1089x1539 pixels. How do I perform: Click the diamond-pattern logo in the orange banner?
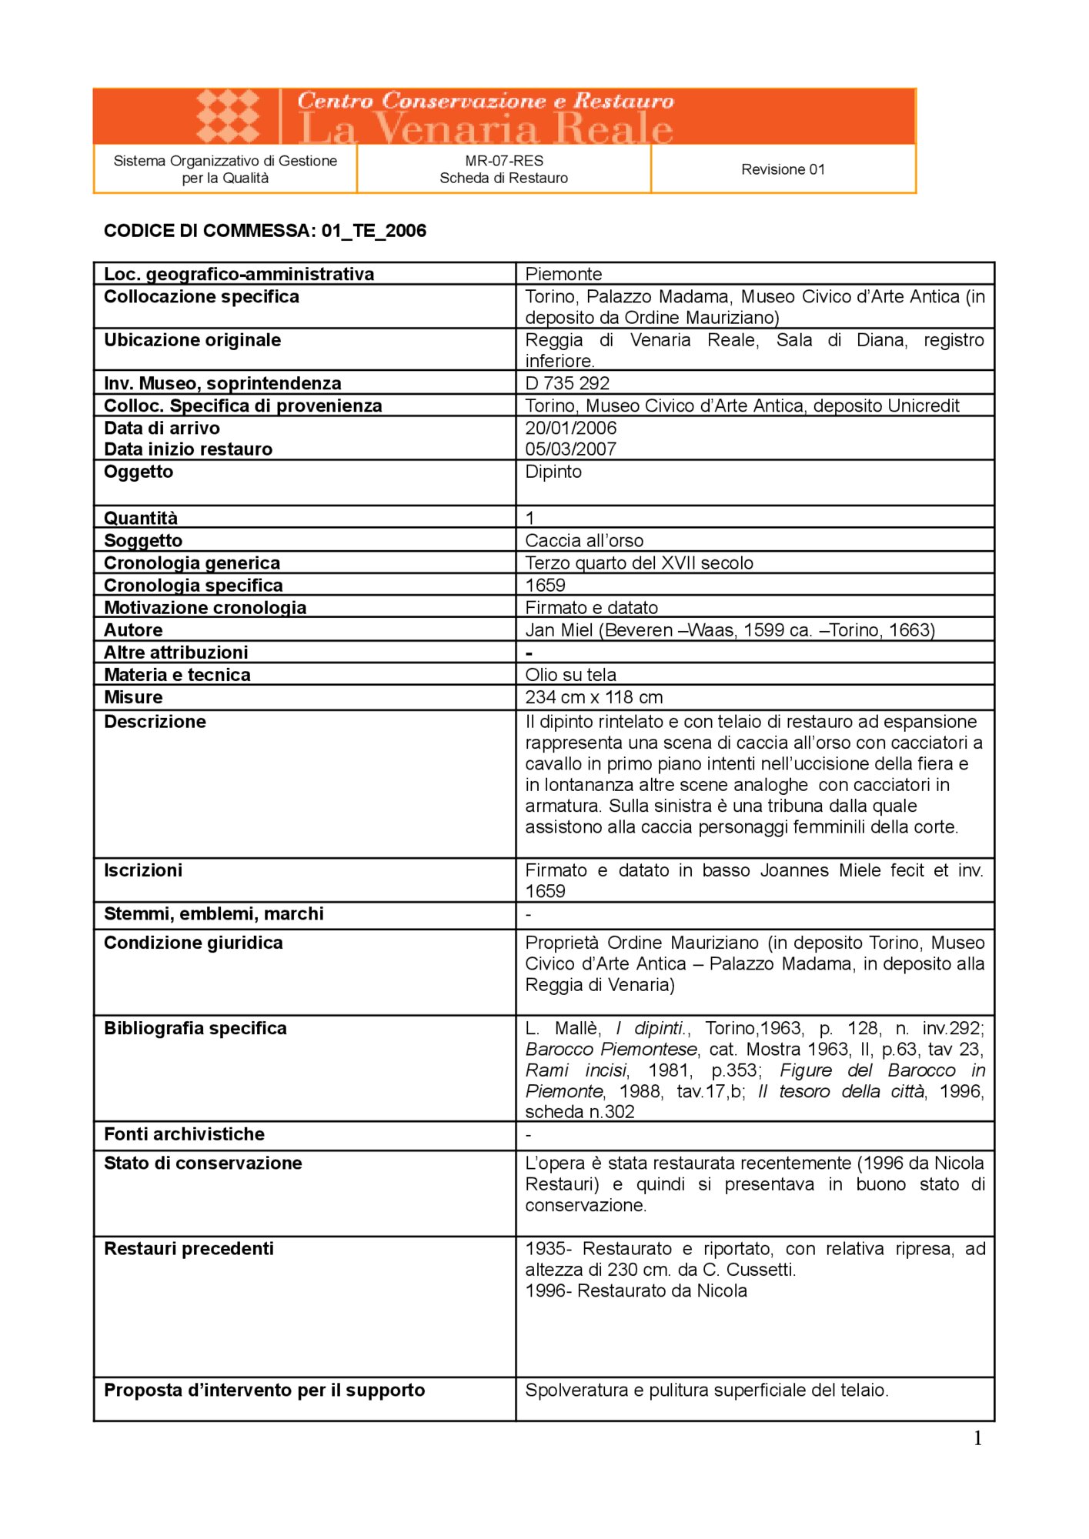(228, 116)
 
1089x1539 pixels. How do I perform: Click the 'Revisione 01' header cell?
(783, 169)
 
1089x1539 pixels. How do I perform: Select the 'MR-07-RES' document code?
(504, 161)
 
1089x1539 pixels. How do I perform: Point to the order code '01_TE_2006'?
(374, 231)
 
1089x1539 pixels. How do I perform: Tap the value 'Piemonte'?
(563, 274)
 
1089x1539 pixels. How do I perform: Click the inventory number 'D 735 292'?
(567, 383)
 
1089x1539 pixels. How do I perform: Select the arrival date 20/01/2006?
(571, 428)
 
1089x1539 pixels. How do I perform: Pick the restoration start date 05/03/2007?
(571, 449)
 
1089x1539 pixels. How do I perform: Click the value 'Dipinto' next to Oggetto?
(553, 472)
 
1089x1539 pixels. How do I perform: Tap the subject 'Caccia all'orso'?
(584, 540)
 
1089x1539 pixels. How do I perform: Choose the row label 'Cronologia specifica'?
(193, 586)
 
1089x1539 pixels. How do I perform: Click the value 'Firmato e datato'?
(591, 608)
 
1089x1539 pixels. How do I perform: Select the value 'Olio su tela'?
(570, 675)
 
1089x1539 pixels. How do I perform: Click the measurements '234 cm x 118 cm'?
(593, 697)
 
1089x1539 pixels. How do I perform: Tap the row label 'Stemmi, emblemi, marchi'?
(213, 913)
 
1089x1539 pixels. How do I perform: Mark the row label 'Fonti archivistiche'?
(184, 1134)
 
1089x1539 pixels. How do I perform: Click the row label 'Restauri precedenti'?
(189, 1248)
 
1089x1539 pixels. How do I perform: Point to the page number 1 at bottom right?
(977, 1438)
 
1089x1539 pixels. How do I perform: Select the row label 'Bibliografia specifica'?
(195, 1028)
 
